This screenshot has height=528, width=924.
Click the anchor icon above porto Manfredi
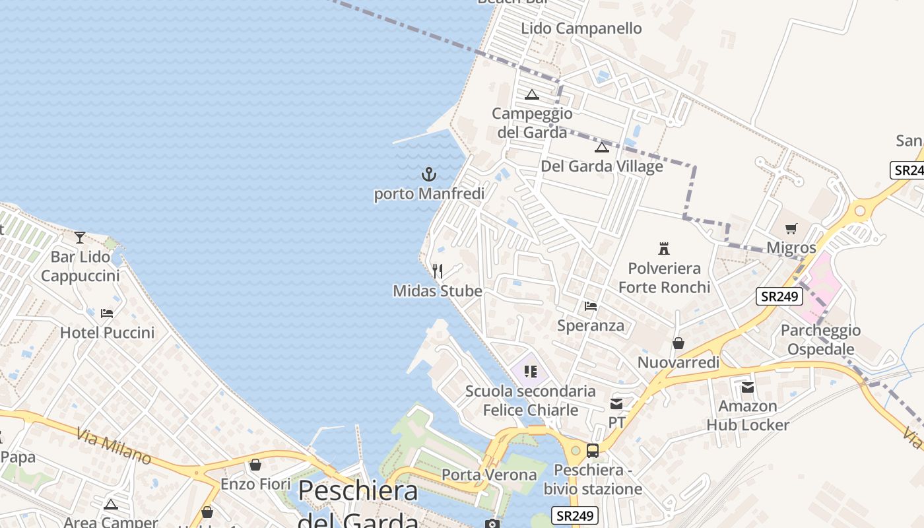point(429,175)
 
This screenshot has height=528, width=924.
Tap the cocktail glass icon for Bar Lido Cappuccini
point(80,237)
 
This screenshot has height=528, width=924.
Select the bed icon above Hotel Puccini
point(107,313)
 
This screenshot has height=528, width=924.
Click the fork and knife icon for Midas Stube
point(437,271)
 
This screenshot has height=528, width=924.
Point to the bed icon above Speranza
point(591,306)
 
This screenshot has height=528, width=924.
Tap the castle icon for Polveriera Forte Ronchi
point(664,249)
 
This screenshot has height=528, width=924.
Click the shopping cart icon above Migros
point(791,228)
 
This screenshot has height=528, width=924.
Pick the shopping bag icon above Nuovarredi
point(678,343)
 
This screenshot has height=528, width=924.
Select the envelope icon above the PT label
point(616,403)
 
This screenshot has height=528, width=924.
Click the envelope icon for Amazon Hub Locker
point(748,387)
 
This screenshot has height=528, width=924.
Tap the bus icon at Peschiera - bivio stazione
point(593,451)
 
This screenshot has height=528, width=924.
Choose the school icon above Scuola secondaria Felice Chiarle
point(530,372)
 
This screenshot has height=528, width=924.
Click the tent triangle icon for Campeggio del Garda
point(532,94)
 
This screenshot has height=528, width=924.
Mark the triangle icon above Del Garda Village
point(601,147)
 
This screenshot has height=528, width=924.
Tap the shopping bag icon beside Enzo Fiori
point(255,465)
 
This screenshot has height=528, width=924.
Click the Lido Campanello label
point(581,28)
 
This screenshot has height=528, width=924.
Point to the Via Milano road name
point(114,446)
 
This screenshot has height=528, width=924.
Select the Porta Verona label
point(489,475)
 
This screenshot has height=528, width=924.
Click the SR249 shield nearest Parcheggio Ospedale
point(779,296)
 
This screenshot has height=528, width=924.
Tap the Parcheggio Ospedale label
point(820,339)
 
